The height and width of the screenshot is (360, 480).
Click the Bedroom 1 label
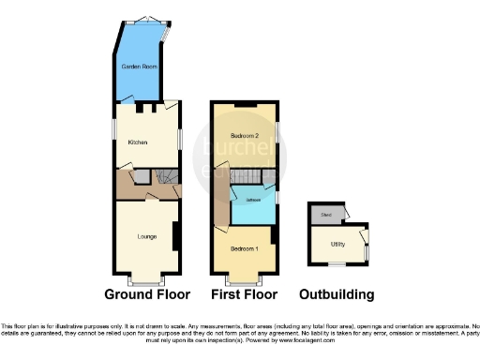tap(244, 248)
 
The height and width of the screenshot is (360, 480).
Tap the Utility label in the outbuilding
tap(337, 244)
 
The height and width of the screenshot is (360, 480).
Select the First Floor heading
tap(244, 294)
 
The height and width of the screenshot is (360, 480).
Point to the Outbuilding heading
tap(337, 294)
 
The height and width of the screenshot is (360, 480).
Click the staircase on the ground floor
tap(166, 176)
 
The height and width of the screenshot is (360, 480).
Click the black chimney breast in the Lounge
tap(176, 235)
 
